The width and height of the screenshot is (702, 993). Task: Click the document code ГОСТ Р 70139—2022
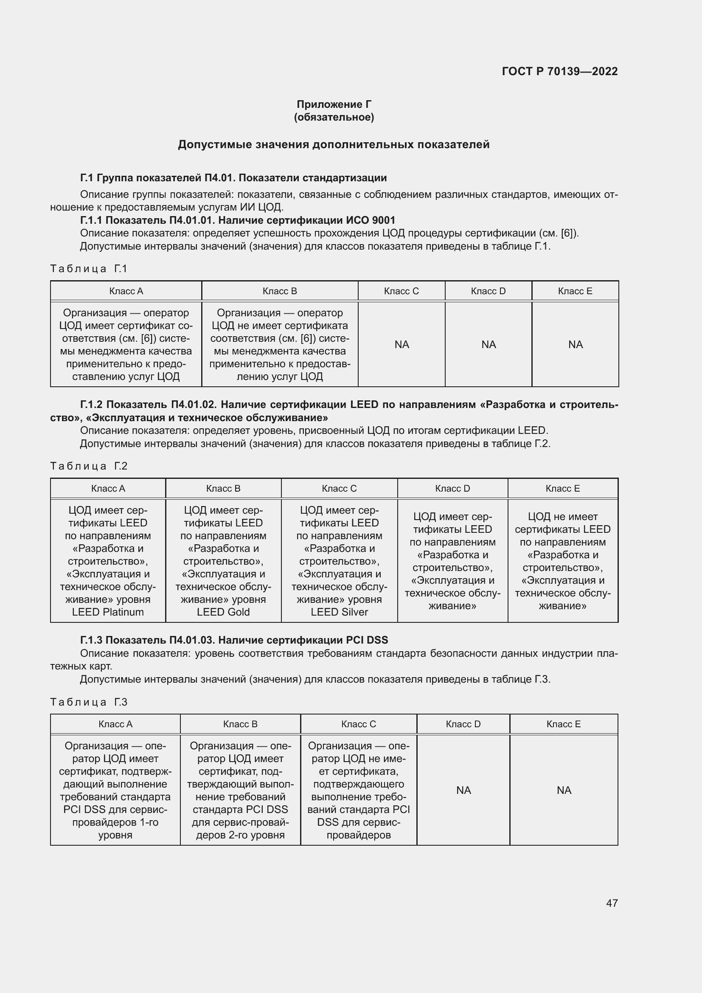[560, 71]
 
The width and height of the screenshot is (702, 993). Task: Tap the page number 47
[612, 903]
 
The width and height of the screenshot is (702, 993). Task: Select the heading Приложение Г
[334, 104]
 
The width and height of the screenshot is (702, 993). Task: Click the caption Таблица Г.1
[89, 269]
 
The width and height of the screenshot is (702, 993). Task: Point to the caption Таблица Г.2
[89, 466]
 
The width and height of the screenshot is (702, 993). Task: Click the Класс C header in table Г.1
[401, 291]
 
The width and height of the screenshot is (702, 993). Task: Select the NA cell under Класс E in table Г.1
[576, 344]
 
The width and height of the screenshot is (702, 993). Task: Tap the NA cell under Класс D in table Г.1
[489, 344]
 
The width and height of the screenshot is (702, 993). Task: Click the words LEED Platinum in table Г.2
[108, 612]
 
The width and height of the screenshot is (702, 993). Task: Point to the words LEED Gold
[223, 612]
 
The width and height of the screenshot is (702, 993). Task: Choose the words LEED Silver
[340, 612]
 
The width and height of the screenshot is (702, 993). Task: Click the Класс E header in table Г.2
[562, 488]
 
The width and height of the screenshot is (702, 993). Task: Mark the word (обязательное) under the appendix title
[334, 117]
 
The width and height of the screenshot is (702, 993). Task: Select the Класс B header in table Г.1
[280, 291]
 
